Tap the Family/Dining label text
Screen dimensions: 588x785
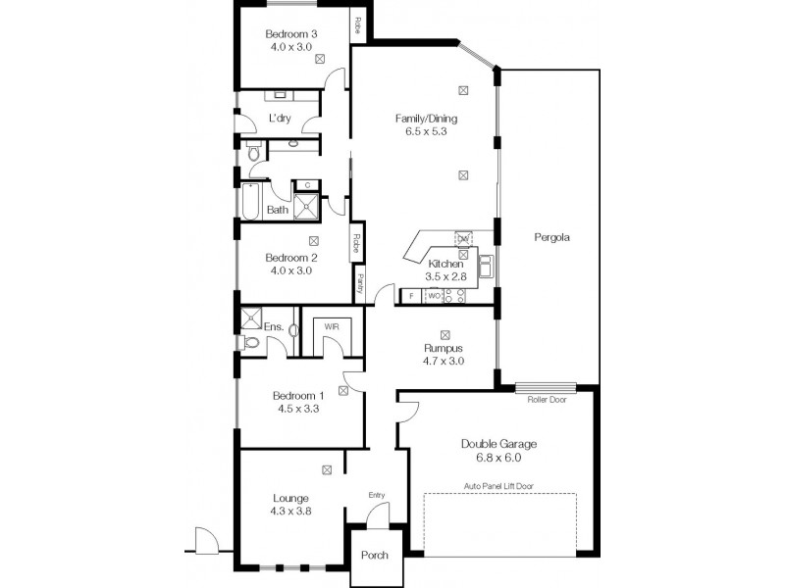(426, 119)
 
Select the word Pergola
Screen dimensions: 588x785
(552, 237)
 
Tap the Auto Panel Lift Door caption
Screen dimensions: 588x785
(499, 485)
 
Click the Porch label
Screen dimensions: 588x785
(375, 555)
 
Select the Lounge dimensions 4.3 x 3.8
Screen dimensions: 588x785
(291, 511)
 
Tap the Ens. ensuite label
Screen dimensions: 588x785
(274, 326)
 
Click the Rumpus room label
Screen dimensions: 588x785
(444, 348)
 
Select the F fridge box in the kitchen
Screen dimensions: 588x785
(410, 295)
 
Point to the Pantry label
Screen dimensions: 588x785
(360, 282)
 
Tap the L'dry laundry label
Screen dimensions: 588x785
(280, 119)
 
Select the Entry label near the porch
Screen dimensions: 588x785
(377, 495)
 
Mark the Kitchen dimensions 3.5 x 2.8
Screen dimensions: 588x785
(445, 277)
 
